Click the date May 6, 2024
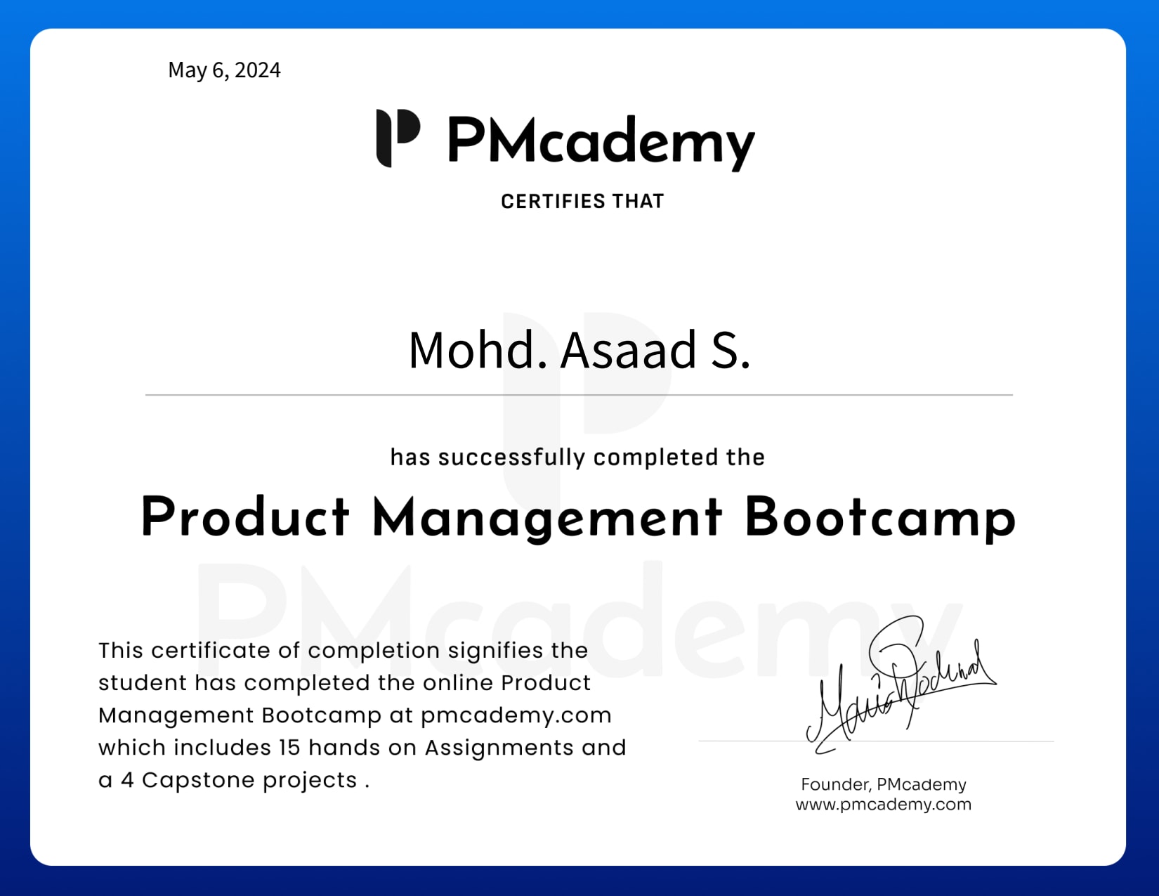(x=224, y=70)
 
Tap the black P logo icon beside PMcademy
(x=398, y=138)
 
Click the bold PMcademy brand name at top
(x=601, y=141)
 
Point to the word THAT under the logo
(x=638, y=202)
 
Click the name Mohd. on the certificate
(x=478, y=350)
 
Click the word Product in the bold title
(x=245, y=517)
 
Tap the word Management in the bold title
(x=547, y=519)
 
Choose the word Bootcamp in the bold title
(x=880, y=519)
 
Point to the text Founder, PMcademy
(x=884, y=784)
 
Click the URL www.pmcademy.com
(x=884, y=805)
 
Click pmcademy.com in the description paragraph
(x=516, y=715)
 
